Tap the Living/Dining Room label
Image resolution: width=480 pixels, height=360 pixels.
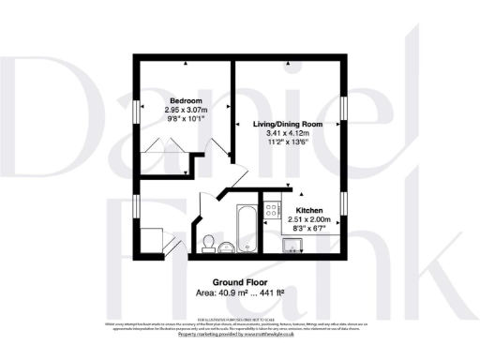(x=288, y=124)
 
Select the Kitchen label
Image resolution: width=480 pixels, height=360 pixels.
(x=310, y=210)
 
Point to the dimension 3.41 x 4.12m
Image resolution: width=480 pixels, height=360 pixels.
(x=288, y=134)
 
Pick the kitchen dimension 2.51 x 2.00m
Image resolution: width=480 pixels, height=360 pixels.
(x=310, y=219)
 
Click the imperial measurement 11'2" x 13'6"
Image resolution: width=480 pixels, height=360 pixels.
(x=288, y=143)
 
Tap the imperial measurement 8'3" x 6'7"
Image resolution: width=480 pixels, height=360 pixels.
(x=310, y=229)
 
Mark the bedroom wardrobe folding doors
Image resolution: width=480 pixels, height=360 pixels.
(x=159, y=146)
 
